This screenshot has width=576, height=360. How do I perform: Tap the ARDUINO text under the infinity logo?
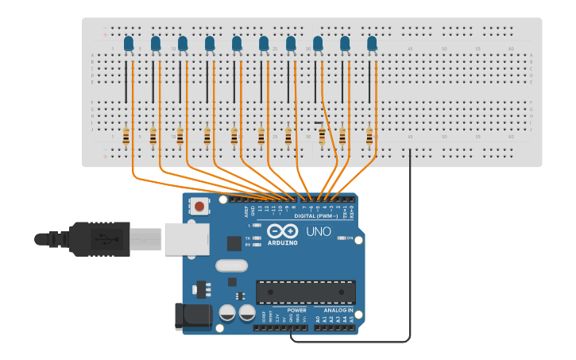pyautogui.click(x=283, y=242)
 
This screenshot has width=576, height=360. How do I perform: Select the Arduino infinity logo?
pyautogui.click(x=283, y=231)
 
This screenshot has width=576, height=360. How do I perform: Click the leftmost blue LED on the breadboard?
pyautogui.click(x=129, y=44)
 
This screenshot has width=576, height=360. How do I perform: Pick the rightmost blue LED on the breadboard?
pyautogui.click(x=372, y=44)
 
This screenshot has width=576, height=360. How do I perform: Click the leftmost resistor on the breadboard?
pyautogui.click(x=126, y=136)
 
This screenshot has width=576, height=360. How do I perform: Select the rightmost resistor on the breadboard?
pyautogui.click(x=369, y=136)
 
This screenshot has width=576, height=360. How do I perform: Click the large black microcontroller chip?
pyautogui.click(x=305, y=292)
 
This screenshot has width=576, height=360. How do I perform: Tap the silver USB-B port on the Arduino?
pyautogui.click(x=187, y=238)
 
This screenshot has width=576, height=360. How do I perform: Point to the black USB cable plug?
pyautogui.click(x=99, y=238)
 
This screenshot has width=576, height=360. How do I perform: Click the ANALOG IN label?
pyautogui.click(x=338, y=311)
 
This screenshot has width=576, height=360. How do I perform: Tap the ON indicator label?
pyautogui.click(x=350, y=238)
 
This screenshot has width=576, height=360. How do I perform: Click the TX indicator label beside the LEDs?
pyautogui.click(x=248, y=238)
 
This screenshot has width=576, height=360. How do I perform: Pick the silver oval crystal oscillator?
pyautogui.click(x=231, y=265)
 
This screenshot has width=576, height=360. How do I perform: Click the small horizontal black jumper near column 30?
pyautogui.click(x=319, y=122)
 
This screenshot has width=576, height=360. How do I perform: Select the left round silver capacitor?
pyautogui.click(x=227, y=312)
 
